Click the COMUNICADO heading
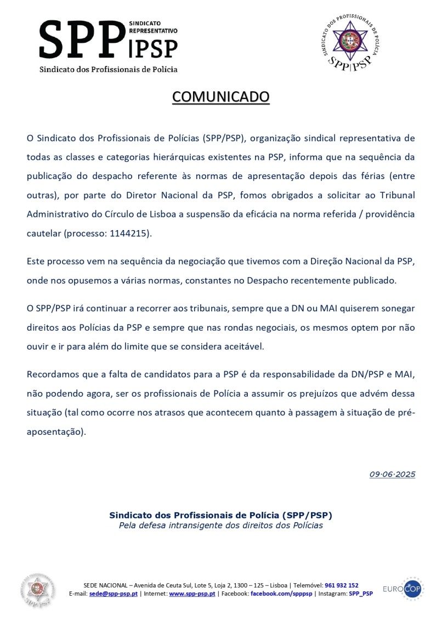(x=221, y=97)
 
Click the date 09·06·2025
(x=392, y=474)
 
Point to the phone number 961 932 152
(x=341, y=585)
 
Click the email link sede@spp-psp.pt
(x=114, y=594)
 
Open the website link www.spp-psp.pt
(x=192, y=594)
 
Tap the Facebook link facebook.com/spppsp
(x=281, y=594)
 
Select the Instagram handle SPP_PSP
(x=361, y=594)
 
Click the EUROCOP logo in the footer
(x=403, y=589)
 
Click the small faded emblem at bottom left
(x=38, y=590)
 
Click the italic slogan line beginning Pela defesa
(x=221, y=526)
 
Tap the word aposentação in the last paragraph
(x=55, y=432)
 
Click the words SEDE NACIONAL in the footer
(x=104, y=585)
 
